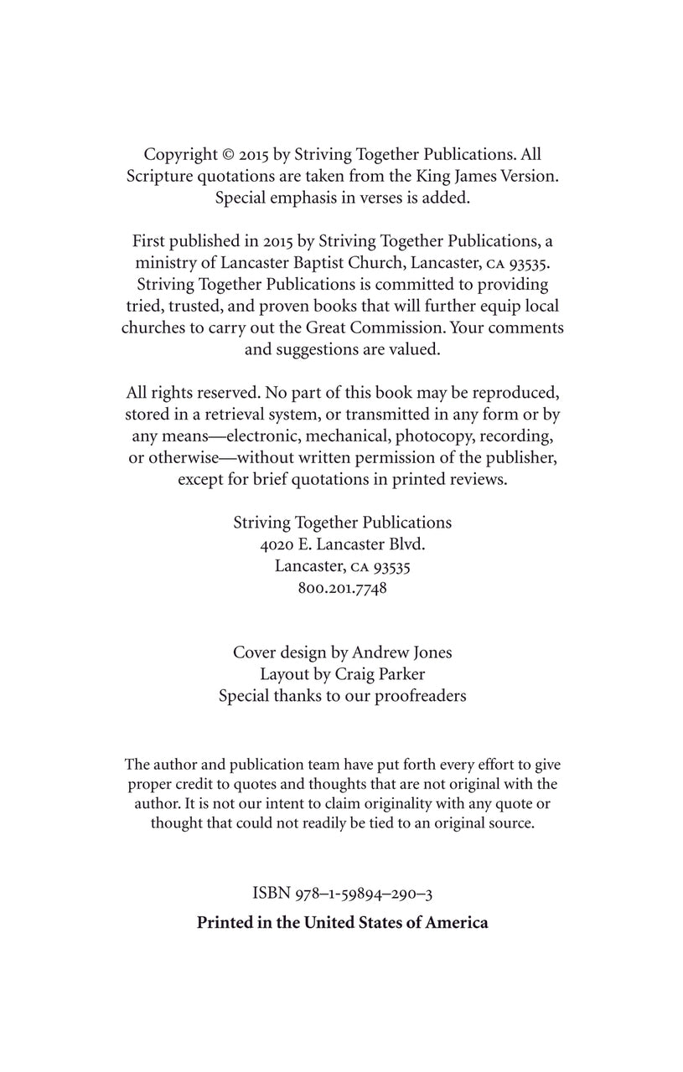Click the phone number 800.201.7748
pyautogui.click(x=342, y=588)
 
